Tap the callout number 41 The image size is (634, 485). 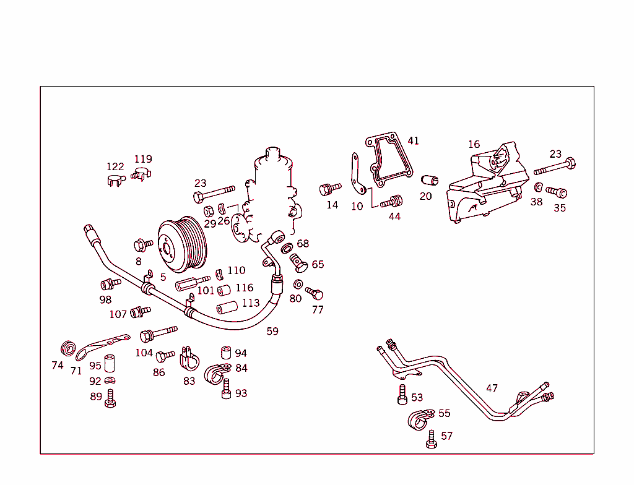click(413, 141)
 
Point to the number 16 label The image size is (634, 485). click(474, 145)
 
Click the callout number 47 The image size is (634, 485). click(492, 388)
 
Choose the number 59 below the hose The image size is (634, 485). click(272, 332)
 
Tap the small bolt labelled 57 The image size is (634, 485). click(432, 440)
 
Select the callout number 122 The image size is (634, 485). click(115, 166)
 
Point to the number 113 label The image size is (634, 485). click(251, 303)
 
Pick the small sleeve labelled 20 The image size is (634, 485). click(429, 181)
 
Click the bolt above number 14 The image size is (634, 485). click(330, 188)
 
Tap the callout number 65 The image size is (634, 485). click(318, 265)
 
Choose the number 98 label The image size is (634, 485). click(105, 300)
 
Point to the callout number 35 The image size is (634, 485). click(559, 208)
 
